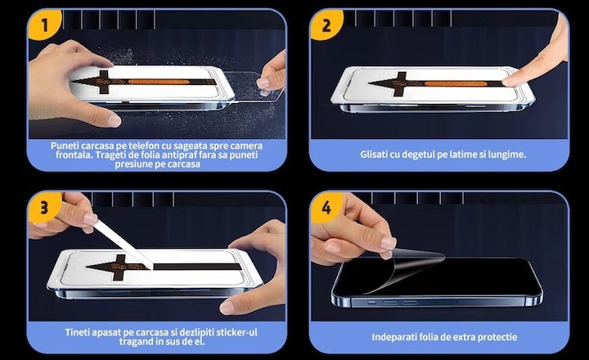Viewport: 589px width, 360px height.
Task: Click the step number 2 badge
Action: (326, 25)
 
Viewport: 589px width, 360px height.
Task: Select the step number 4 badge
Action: (326, 206)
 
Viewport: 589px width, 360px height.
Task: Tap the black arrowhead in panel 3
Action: (102, 266)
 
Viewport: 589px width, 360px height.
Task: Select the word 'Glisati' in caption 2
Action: (378, 154)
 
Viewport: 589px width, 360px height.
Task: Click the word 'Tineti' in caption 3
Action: (80, 332)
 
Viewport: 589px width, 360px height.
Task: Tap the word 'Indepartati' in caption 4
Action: (396, 336)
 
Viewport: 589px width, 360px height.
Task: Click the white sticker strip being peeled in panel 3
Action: (123, 241)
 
